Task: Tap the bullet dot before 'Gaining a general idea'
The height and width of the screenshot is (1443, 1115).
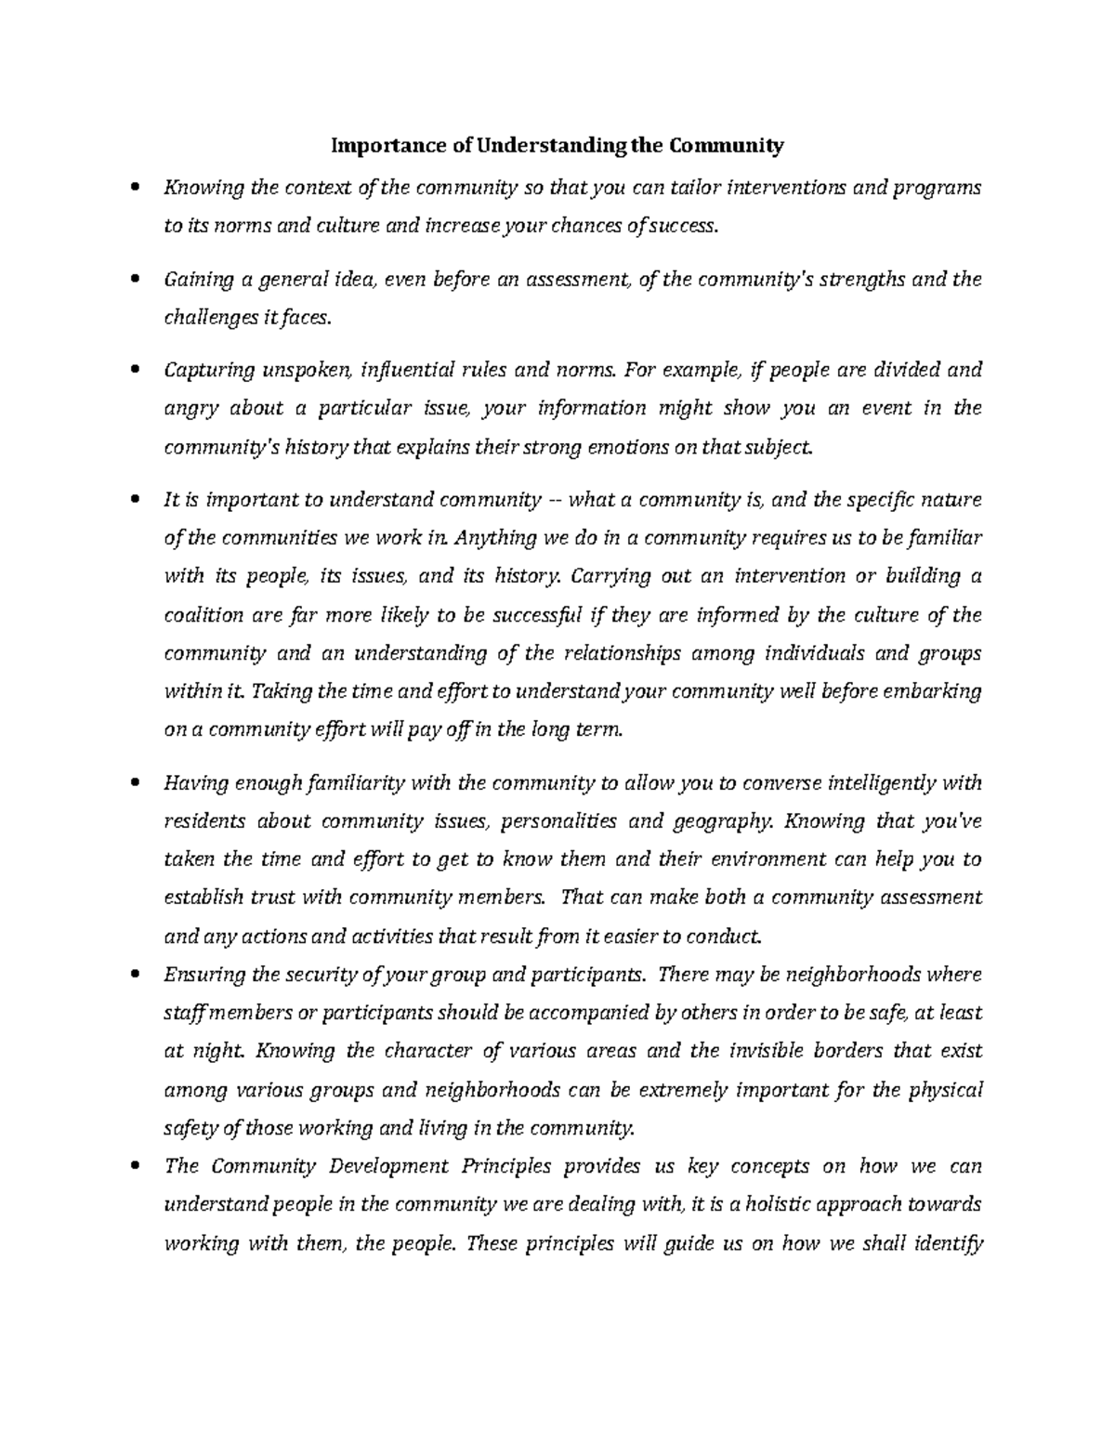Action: (138, 279)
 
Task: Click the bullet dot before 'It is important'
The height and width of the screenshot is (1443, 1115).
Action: (138, 500)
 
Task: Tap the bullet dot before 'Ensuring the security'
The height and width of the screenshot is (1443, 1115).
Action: (138, 975)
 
